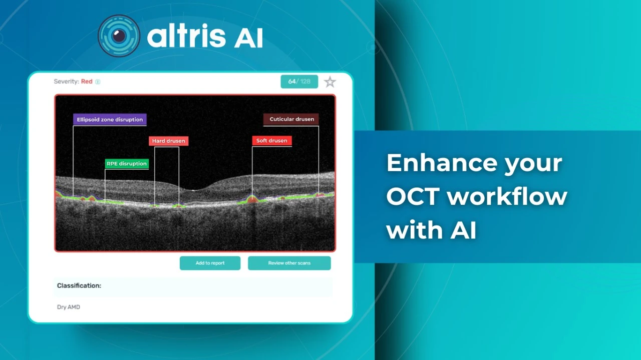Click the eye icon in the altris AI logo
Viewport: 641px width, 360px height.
coord(119,36)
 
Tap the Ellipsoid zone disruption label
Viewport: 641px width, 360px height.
coord(110,120)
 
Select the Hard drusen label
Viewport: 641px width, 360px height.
coord(169,141)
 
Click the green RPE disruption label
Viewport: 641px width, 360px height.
coord(127,164)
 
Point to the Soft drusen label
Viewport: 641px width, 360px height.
coord(272,141)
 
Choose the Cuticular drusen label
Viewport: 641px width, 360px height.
coord(291,119)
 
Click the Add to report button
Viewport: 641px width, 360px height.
coord(210,263)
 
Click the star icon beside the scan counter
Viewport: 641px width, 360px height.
coord(330,82)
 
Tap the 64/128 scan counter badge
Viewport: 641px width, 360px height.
coord(299,82)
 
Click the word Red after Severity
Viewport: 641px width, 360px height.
coord(87,82)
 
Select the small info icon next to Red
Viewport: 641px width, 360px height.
coord(98,82)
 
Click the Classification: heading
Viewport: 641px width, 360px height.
coord(79,285)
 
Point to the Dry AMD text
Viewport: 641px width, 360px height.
coord(69,307)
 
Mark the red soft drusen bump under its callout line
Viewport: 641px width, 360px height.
coord(252,199)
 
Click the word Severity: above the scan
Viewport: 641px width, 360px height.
coord(67,82)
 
